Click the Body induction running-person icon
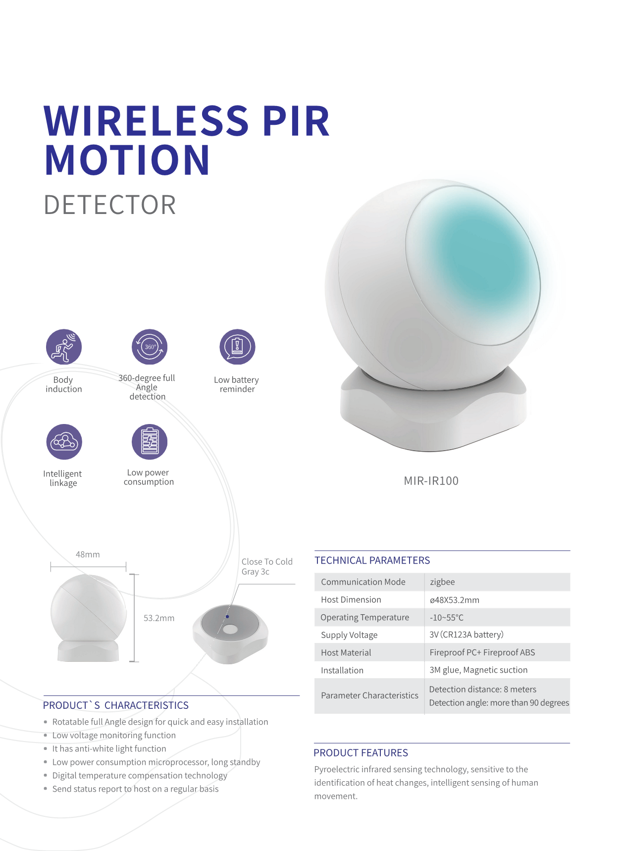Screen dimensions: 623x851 pyautogui.click(x=64, y=347)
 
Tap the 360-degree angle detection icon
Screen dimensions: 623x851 pyautogui.click(x=150, y=347)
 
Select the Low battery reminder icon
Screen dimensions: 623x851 pyautogui.click(x=237, y=347)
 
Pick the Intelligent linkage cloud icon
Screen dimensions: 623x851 pyautogui.click(x=64, y=442)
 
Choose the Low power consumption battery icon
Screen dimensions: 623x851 pyautogui.click(x=150, y=442)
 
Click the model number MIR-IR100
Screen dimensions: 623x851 pyautogui.click(x=431, y=481)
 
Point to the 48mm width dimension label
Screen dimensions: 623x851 pyautogui.click(x=88, y=554)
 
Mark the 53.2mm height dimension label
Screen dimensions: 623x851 pyautogui.click(x=159, y=618)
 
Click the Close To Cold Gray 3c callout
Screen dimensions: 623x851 pyautogui.click(x=267, y=567)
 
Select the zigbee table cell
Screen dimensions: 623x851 pyautogui.click(x=442, y=582)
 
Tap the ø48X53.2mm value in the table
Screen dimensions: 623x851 pyautogui.click(x=455, y=600)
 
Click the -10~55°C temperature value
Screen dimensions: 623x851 pyautogui.click(x=447, y=618)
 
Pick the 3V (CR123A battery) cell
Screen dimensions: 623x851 pyautogui.click(x=467, y=635)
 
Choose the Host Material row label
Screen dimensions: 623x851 pyautogui.click(x=346, y=653)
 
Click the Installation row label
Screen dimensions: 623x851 pyautogui.click(x=342, y=671)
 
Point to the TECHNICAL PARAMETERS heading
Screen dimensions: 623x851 pyautogui.click(x=372, y=560)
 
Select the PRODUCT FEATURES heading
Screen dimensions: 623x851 pyautogui.click(x=361, y=753)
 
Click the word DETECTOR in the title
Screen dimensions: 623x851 pyautogui.click(x=110, y=205)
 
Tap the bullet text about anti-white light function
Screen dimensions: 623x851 pyautogui.click(x=109, y=749)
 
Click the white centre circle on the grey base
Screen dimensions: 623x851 pyautogui.click(x=230, y=630)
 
